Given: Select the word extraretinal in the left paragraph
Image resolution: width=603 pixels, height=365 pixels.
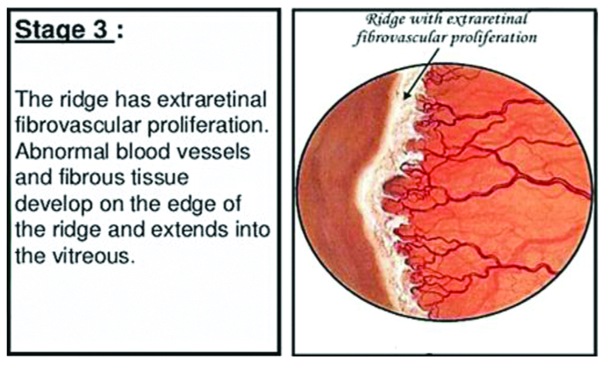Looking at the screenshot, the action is [212, 100].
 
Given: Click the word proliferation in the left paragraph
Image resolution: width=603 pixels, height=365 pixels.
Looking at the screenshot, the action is [208, 126].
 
